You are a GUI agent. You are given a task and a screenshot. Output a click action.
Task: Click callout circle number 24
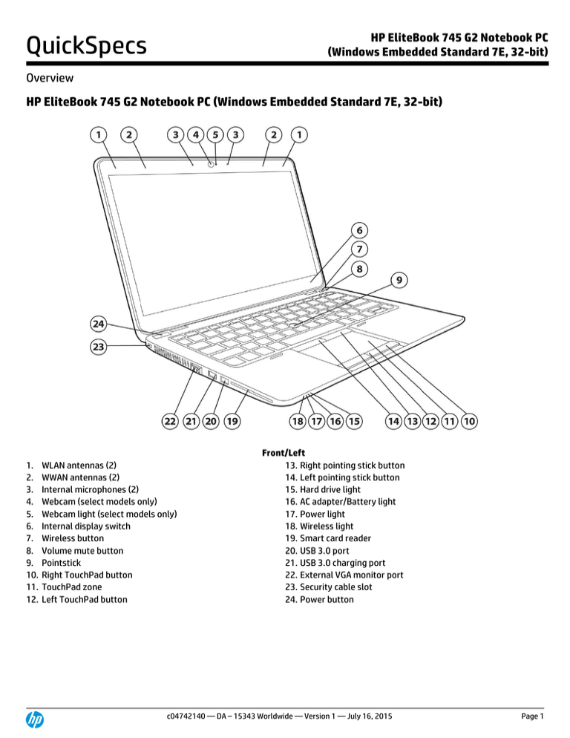[x=98, y=324]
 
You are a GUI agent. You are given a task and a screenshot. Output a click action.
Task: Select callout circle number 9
[x=400, y=281]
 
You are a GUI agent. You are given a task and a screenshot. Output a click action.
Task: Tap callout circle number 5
[x=215, y=134]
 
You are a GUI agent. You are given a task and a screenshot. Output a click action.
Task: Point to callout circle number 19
[x=232, y=421]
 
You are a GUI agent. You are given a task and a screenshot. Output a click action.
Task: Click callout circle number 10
[x=469, y=421]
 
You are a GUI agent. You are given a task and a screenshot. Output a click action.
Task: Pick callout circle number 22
[x=170, y=421]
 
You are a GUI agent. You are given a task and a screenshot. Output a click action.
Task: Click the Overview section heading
[x=49, y=78]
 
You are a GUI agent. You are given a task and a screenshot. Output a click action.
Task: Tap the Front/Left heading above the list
[x=284, y=452]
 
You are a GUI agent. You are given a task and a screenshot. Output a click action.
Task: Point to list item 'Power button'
[x=327, y=599]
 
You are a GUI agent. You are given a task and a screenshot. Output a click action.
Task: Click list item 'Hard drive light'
[x=330, y=490]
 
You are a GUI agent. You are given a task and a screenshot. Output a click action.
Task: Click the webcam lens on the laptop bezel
[x=212, y=165]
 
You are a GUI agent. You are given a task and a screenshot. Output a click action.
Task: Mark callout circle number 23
[x=98, y=346]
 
